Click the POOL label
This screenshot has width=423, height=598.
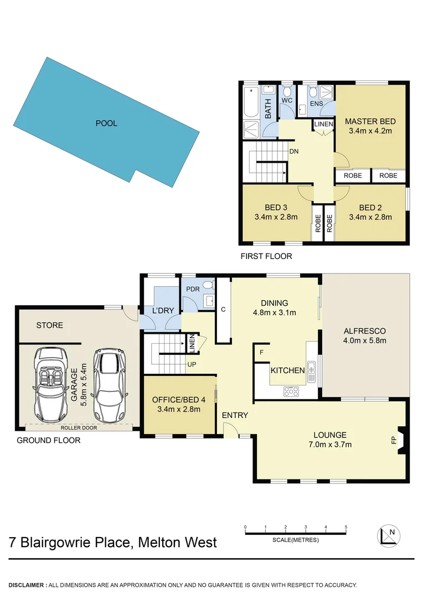pos(106,123)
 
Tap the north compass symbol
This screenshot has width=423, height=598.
pos(389,535)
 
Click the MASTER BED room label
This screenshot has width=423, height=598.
pos(370,121)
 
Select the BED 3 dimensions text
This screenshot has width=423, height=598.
pos(276,217)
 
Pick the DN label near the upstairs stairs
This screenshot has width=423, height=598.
pos(294,150)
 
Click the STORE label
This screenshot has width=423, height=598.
pos(50,325)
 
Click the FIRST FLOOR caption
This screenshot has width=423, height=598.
pos(266,256)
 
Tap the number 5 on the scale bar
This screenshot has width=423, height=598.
pos(345,527)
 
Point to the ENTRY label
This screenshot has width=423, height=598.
pos(235,415)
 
